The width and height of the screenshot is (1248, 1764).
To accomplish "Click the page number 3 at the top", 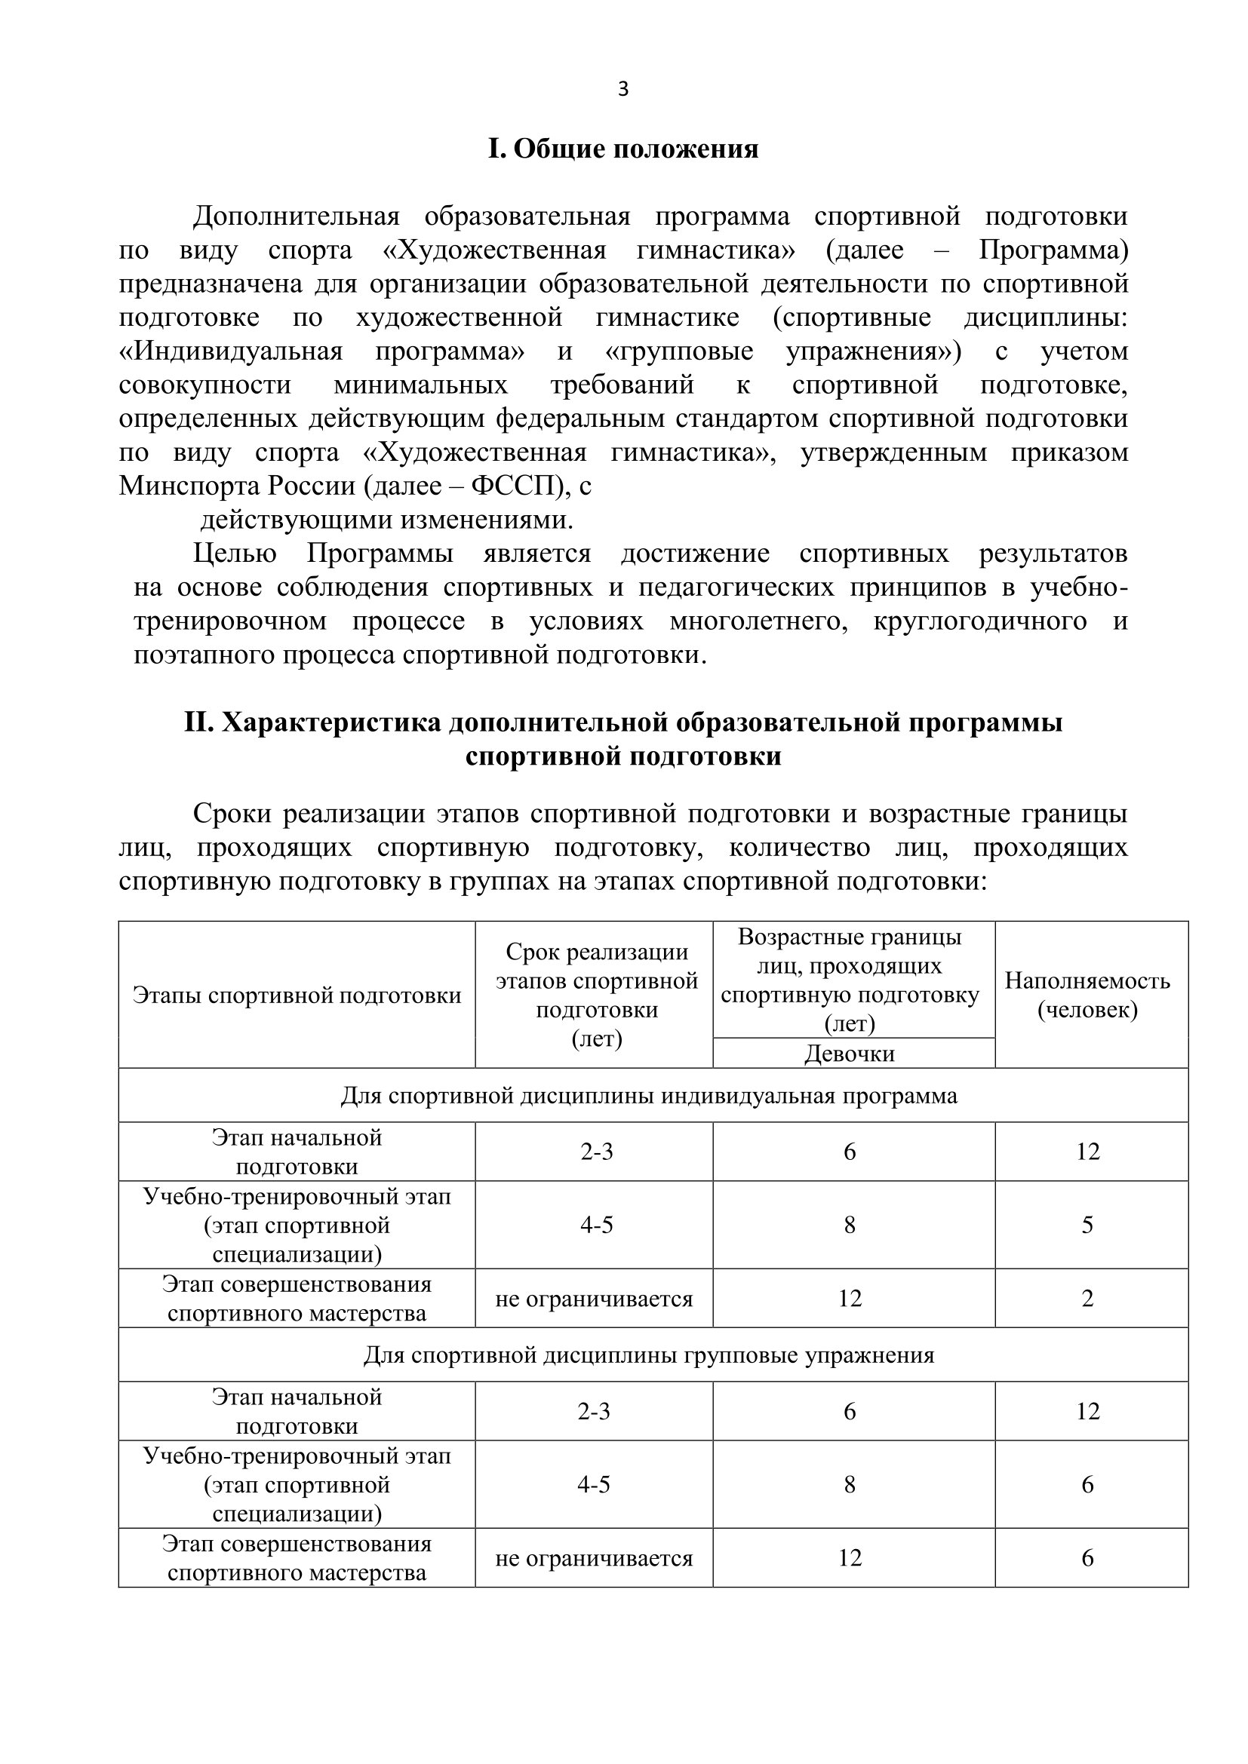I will (622, 90).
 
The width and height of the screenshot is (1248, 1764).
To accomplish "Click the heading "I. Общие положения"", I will (623, 149).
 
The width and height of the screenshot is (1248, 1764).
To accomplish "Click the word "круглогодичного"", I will (980, 621).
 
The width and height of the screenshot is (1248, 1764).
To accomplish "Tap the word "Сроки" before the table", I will (232, 814).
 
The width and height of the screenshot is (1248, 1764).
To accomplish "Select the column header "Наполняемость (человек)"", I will (1087, 994).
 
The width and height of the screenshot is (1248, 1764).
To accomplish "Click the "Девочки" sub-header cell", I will (849, 1053).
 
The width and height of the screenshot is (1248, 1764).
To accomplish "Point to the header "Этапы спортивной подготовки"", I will (297, 996).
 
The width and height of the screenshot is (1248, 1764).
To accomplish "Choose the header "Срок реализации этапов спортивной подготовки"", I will (596, 994).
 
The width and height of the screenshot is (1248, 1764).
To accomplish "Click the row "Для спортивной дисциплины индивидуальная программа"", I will (650, 1096).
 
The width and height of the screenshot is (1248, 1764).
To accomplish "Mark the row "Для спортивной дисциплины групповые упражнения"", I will (650, 1354).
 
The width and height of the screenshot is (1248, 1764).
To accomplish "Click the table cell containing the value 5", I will (1087, 1225).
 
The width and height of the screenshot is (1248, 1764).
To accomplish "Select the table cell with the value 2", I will (1087, 1299).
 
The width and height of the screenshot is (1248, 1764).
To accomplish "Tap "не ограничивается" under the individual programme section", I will (594, 1299).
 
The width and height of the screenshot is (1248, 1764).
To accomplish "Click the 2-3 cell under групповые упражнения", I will (594, 1410).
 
